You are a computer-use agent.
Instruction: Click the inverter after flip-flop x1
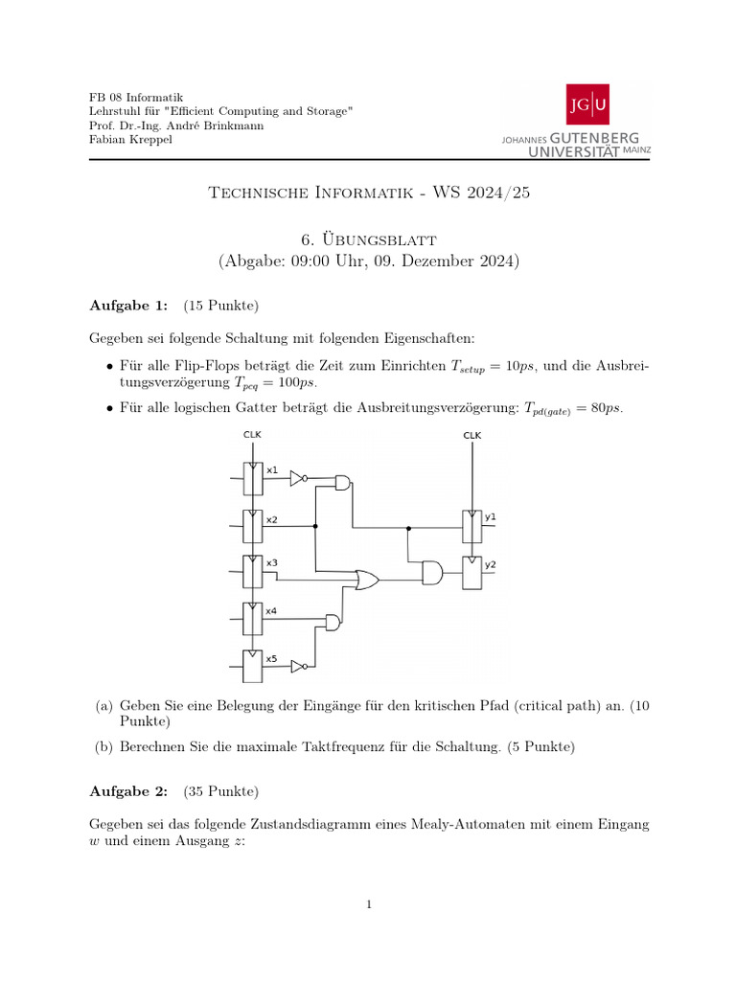coord(298,477)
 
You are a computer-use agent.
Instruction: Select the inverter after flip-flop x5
coord(298,666)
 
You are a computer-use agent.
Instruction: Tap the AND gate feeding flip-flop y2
coord(432,573)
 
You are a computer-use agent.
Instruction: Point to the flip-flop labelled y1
coord(471,525)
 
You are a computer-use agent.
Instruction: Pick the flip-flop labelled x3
coord(252,571)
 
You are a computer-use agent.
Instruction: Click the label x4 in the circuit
coord(272,610)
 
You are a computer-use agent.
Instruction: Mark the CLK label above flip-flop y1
coord(471,435)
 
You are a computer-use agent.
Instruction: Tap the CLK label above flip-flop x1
coord(252,435)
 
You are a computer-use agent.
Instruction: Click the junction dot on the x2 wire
coord(315,526)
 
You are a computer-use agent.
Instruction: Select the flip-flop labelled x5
coord(252,665)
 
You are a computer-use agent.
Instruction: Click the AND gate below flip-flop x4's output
coord(333,623)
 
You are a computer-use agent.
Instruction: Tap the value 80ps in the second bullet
coord(606,408)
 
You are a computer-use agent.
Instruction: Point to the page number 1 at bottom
coord(368,903)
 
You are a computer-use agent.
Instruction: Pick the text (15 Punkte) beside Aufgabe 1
coord(220,305)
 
